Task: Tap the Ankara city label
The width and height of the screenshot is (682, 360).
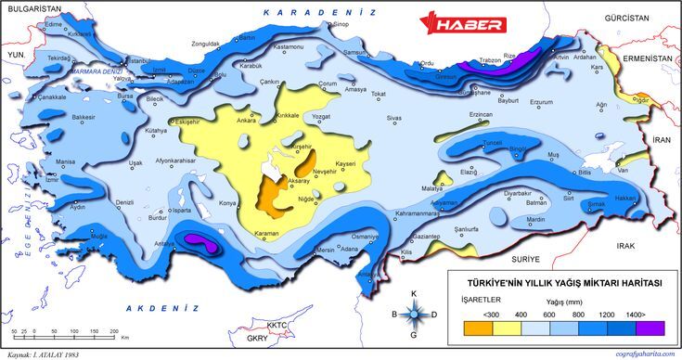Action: (246, 120)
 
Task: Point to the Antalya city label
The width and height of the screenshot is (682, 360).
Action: (164, 243)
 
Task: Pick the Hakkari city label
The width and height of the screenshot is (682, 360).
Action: (626, 197)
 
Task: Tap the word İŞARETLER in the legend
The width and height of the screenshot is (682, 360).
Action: (481, 300)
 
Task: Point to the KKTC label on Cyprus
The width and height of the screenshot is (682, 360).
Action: (277, 326)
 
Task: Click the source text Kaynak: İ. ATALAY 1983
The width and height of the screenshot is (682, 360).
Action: (43, 354)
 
